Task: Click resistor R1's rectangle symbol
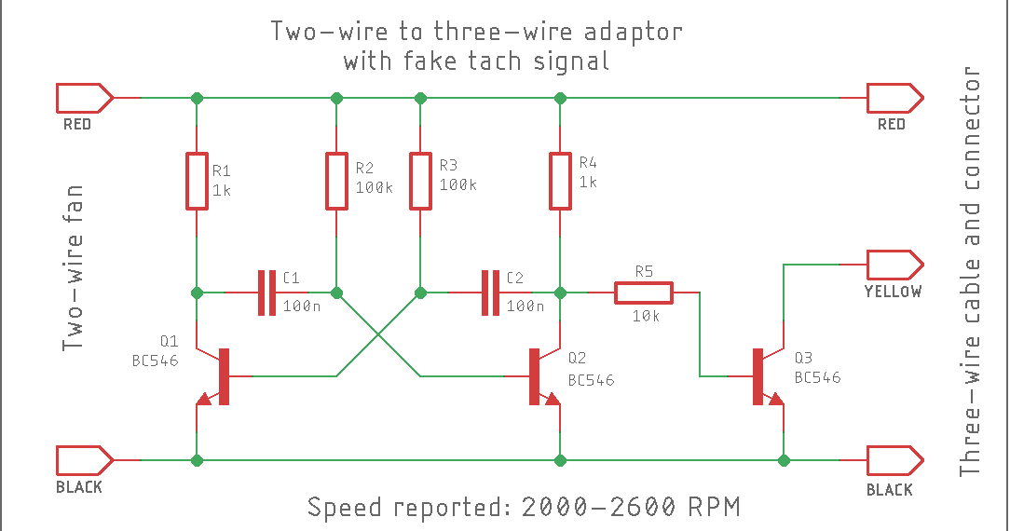(196, 181)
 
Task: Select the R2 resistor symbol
(336, 181)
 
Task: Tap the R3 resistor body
(420, 181)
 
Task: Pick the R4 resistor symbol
(560, 181)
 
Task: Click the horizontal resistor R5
(643, 293)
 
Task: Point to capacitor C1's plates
(266, 293)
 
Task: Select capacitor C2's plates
(490, 293)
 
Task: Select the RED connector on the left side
(85, 97)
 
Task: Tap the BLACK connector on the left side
(85, 460)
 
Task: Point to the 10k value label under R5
(646, 317)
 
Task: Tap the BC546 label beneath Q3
(817, 377)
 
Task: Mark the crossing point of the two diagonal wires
(378, 334)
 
